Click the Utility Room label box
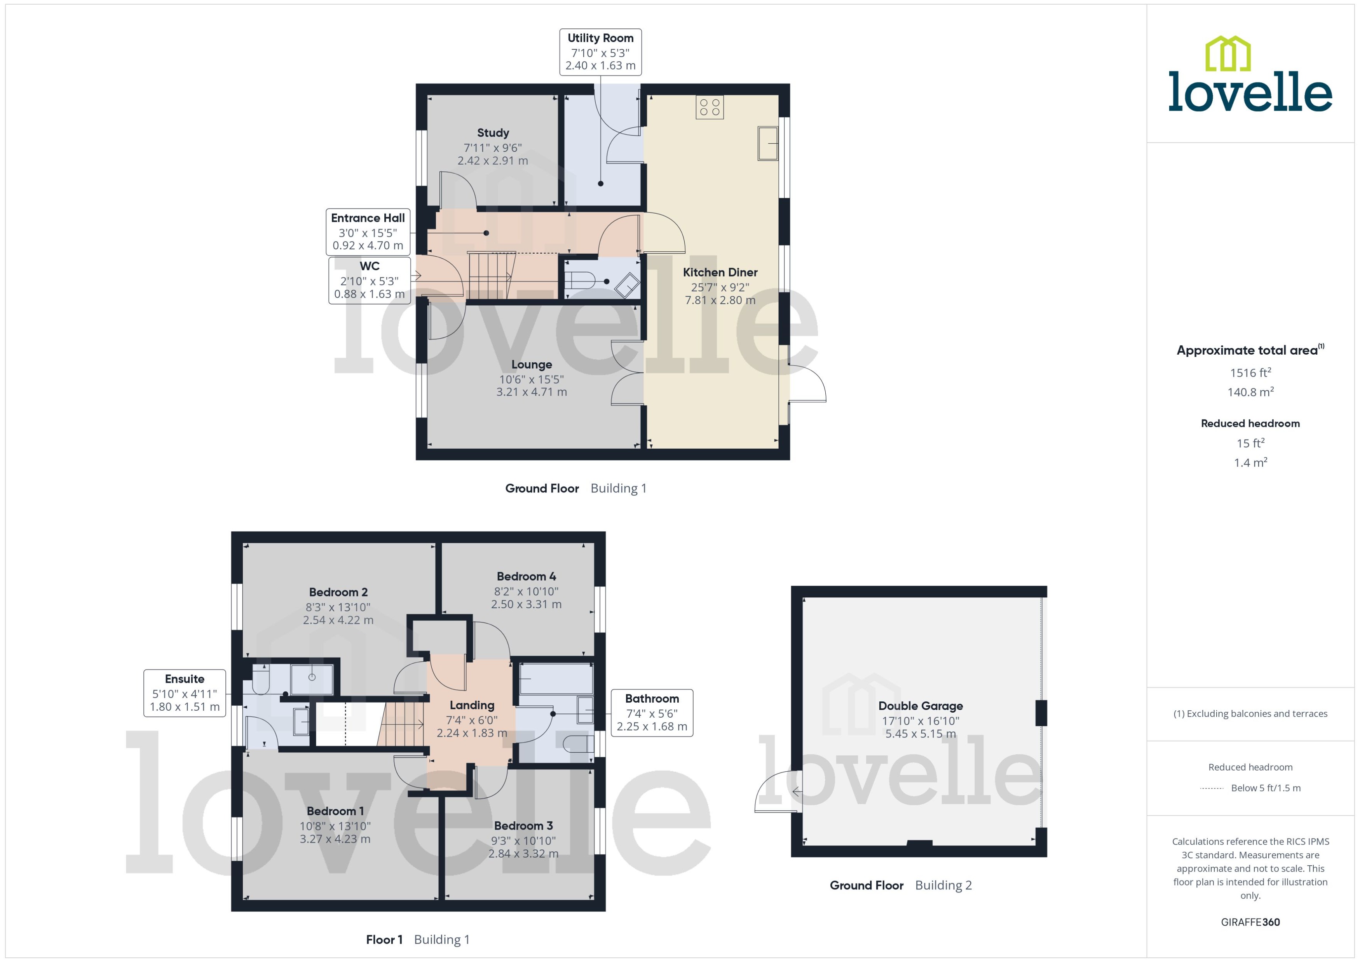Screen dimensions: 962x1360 pyautogui.click(x=600, y=52)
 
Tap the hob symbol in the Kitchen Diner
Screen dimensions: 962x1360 pyautogui.click(x=709, y=107)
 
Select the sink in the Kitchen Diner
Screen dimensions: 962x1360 pyautogui.click(x=767, y=143)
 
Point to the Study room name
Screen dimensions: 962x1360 pyautogui.click(x=492, y=133)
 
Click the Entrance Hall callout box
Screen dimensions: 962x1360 pyautogui.click(x=368, y=231)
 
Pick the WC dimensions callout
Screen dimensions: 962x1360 pyautogui.click(x=369, y=280)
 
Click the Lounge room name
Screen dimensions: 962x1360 pyautogui.click(x=532, y=364)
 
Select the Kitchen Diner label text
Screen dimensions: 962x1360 pyautogui.click(x=720, y=273)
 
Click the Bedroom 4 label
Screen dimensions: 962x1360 pyautogui.click(x=526, y=576)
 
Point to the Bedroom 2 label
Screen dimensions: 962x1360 pyautogui.click(x=338, y=592)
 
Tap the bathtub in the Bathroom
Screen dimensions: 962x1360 pyautogui.click(x=556, y=679)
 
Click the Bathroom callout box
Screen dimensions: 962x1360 pyautogui.click(x=652, y=713)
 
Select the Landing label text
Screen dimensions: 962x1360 pyautogui.click(x=472, y=705)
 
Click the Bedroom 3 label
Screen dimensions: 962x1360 pyautogui.click(x=523, y=825)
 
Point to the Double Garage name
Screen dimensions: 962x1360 pyautogui.click(x=920, y=706)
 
